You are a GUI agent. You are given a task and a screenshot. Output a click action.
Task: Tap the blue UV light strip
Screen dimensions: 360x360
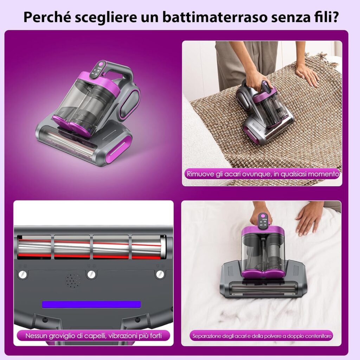(91, 304)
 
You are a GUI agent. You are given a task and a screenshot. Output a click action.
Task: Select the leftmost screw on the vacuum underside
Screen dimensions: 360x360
(23, 274)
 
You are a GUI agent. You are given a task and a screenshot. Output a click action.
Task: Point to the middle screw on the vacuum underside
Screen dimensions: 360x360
(91, 274)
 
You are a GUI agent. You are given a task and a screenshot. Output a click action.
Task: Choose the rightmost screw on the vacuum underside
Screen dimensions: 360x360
(160, 274)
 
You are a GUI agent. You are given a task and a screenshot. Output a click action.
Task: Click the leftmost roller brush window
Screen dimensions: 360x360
(34, 247)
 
